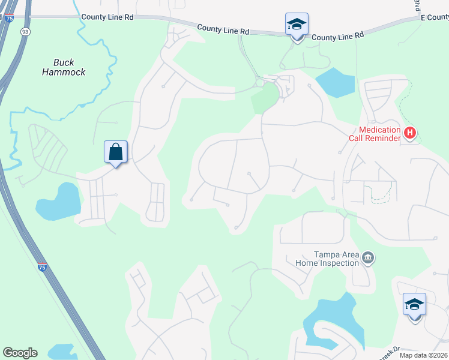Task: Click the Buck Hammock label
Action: (x=64, y=67)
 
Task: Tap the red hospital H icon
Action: (x=410, y=133)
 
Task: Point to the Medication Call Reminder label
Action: (x=380, y=134)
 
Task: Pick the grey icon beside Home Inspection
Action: (x=369, y=259)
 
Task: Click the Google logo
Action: (x=20, y=353)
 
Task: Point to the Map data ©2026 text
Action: (x=423, y=355)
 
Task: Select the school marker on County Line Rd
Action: (x=297, y=26)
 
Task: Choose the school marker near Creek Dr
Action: (x=414, y=305)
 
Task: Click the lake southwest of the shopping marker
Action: (x=59, y=201)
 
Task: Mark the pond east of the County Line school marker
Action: (x=335, y=83)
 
